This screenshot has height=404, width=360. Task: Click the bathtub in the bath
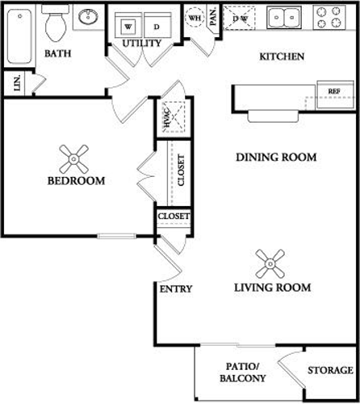(x=19, y=36)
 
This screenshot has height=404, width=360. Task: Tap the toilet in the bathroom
(x=56, y=23)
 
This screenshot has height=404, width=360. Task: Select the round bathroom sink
(x=88, y=16)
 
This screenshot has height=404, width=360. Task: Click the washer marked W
(x=128, y=26)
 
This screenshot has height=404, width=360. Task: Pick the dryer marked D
(x=157, y=26)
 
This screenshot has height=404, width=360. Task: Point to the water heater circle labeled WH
(x=195, y=18)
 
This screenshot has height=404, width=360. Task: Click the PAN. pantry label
(x=213, y=17)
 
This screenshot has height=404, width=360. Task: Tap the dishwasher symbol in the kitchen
(x=239, y=18)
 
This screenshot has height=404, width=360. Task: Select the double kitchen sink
(x=284, y=18)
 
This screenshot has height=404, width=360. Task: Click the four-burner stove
(x=329, y=17)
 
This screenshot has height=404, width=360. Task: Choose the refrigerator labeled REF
(x=335, y=95)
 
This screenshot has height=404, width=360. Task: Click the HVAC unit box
(x=174, y=117)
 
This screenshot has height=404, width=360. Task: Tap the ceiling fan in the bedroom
(x=73, y=159)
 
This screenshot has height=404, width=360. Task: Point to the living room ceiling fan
(x=270, y=263)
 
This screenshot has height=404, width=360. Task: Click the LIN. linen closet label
(x=17, y=83)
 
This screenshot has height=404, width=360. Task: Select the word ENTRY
(x=176, y=289)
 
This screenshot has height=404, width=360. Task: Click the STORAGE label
(x=330, y=370)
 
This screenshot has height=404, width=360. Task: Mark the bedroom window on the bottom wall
(x=117, y=236)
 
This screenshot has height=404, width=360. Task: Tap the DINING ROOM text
(x=276, y=157)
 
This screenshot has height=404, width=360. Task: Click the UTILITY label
(x=142, y=43)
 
